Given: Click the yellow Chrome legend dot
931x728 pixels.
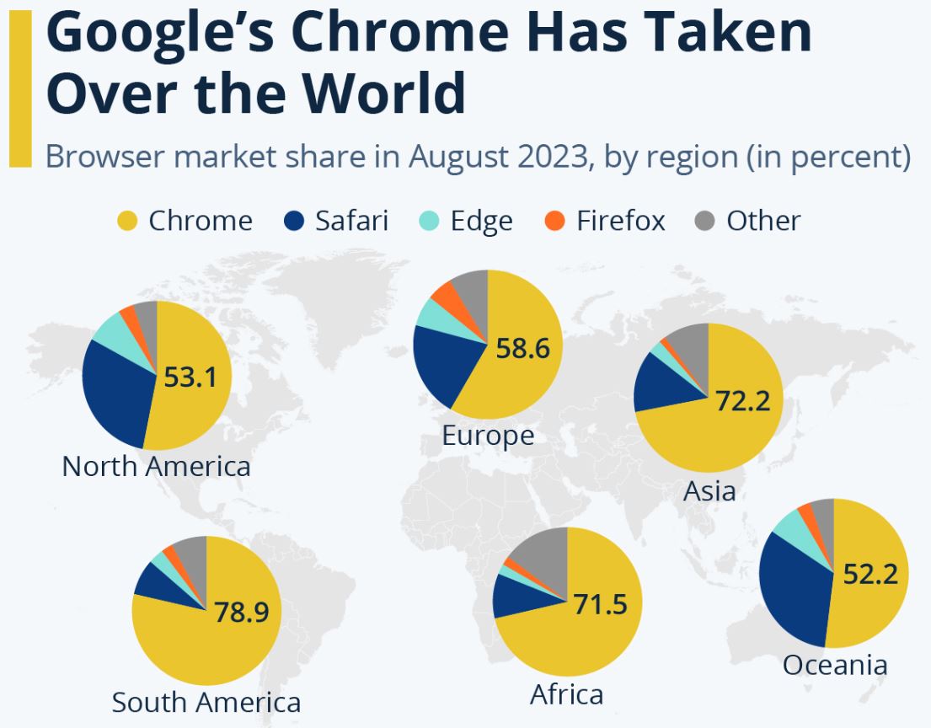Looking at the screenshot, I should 126,221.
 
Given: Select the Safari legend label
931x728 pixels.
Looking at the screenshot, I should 351,221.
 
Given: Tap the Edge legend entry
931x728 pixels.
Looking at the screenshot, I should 481,221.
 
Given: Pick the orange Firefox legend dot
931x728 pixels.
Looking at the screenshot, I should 554,221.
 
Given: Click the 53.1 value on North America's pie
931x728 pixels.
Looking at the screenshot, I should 190,377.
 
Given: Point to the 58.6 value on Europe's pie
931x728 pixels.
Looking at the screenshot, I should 522,347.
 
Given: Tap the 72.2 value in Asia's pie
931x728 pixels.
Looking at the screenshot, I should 743,401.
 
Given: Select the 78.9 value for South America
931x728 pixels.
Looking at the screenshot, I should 242,612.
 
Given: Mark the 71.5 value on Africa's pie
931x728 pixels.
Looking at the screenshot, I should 600,604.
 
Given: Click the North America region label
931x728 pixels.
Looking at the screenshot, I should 156,466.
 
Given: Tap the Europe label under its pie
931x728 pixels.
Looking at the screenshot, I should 488,436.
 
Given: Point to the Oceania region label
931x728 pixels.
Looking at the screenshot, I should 834,665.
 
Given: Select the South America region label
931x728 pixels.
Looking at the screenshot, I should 206,702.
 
